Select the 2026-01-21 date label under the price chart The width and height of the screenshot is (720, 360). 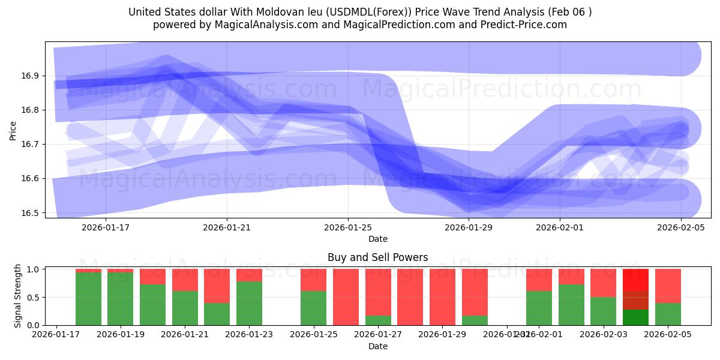(x=227, y=227)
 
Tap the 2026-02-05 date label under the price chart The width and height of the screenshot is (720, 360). (x=680, y=227)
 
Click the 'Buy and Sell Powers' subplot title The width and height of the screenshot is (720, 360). (x=377, y=257)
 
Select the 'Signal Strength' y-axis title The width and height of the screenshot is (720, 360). (x=18, y=296)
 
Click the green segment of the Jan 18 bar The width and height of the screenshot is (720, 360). (x=88, y=299)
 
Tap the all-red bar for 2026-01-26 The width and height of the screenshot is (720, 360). (x=346, y=297)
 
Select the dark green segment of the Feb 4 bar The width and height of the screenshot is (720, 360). (x=635, y=317)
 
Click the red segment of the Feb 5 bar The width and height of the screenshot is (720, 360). (x=668, y=286)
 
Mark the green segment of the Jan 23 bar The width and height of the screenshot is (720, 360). (x=249, y=303)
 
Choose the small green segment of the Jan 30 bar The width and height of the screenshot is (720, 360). (x=475, y=320)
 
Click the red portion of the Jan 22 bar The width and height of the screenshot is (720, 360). (x=217, y=286)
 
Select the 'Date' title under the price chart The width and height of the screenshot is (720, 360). (x=377, y=239)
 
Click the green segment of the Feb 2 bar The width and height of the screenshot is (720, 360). (x=571, y=305)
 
